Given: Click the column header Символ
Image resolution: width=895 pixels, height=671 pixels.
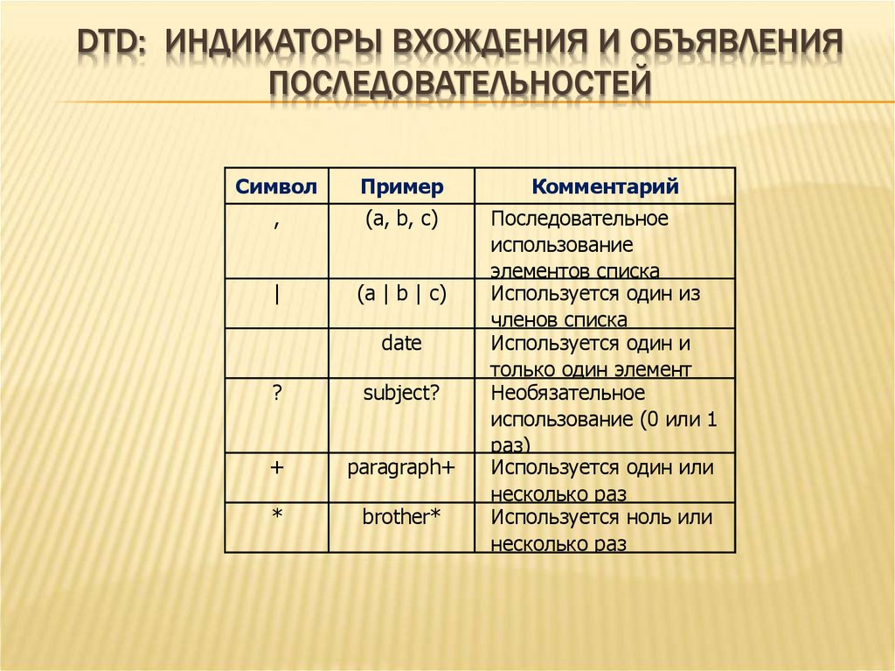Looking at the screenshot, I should [x=275, y=186].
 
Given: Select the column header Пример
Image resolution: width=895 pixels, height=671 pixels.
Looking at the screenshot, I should [x=401, y=186].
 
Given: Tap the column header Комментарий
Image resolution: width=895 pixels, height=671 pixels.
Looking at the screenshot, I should [x=605, y=186].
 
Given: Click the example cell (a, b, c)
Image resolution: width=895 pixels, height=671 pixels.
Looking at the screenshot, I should [x=401, y=219].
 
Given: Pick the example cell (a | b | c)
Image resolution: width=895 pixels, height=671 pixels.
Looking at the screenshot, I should [x=401, y=294].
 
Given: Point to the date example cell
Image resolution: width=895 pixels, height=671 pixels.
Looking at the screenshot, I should [x=401, y=344].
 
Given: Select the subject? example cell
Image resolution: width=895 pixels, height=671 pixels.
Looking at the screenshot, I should [x=401, y=394].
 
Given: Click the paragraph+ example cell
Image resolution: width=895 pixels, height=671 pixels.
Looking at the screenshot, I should [x=401, y=468].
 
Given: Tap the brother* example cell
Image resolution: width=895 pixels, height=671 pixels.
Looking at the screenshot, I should [x=401, y=518].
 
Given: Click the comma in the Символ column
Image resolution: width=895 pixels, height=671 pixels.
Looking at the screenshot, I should [x=276, y=223].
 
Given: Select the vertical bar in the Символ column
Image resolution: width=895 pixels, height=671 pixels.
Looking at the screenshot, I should [x=276, y=294].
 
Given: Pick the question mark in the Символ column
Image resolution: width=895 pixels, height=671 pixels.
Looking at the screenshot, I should [x=276, y=394].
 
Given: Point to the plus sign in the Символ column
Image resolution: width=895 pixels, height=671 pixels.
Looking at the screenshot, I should [x=276, y=468].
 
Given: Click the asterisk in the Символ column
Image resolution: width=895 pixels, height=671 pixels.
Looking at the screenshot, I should [x=276, y=518].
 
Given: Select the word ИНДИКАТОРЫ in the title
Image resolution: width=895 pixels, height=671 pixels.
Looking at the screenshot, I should [x=271, y=44].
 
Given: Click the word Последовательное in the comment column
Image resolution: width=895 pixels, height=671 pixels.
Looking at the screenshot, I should [x=579, y=219].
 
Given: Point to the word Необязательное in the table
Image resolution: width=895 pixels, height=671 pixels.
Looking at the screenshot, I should [x=567, y=394].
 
